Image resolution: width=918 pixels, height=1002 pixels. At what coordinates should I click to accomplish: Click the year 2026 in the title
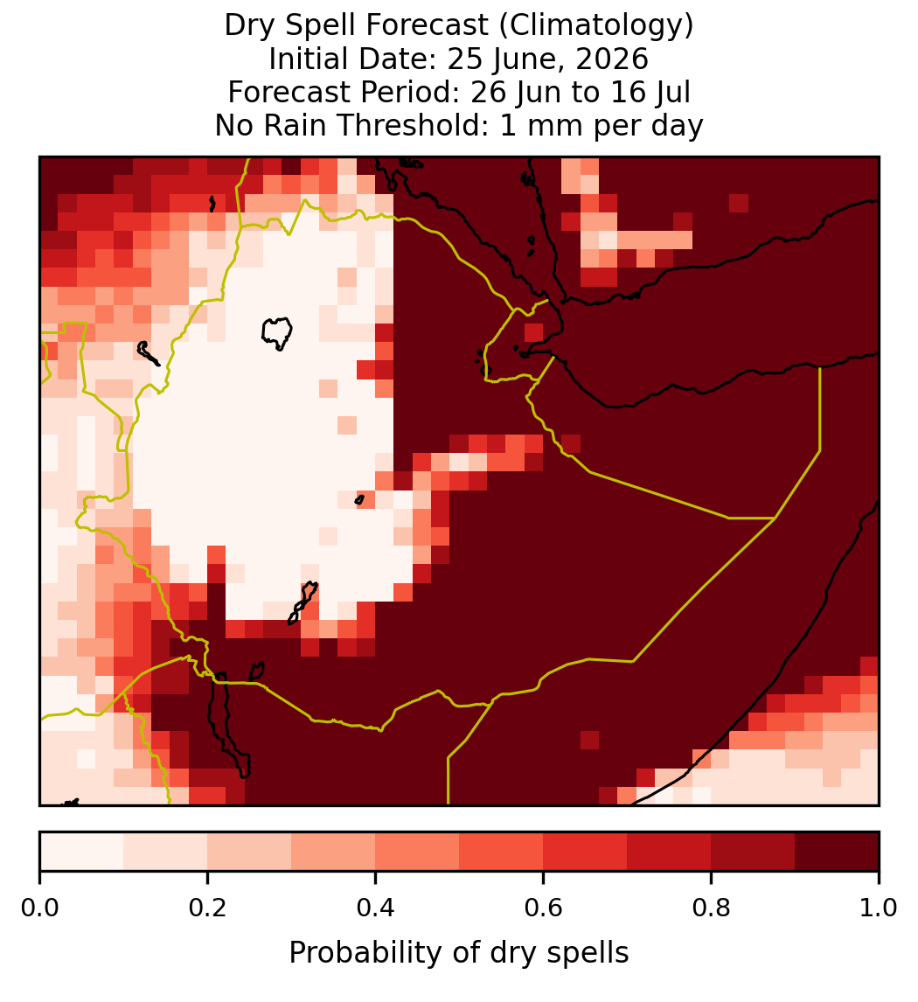click(x=612, y=59)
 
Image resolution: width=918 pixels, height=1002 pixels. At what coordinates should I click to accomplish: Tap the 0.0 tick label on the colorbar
click(x=40, y=908)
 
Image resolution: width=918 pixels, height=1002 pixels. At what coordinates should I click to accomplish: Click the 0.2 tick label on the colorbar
click(x=207, y=908)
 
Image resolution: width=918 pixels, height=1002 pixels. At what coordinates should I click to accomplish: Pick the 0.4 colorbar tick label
click(x=376, y=908)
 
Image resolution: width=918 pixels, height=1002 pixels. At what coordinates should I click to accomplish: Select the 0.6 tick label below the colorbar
click(x=544, y=908)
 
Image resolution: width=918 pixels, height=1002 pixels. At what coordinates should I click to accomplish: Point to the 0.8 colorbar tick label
click(x=711, y=908)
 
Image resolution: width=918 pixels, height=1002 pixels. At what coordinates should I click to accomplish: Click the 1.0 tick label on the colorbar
click(x=879, y=908)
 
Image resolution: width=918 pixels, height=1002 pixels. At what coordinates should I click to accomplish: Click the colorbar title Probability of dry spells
click(x=459, y=953)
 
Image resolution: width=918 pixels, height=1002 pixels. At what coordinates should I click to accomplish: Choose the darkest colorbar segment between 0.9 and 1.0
click(x=837, y=852)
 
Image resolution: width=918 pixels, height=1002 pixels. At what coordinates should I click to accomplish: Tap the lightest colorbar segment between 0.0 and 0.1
click(x=82, y=852)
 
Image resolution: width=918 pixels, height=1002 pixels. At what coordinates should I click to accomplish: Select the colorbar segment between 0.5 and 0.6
click(x=502, y=852)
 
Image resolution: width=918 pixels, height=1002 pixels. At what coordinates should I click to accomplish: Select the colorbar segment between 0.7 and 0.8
click(x=669, y=852)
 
